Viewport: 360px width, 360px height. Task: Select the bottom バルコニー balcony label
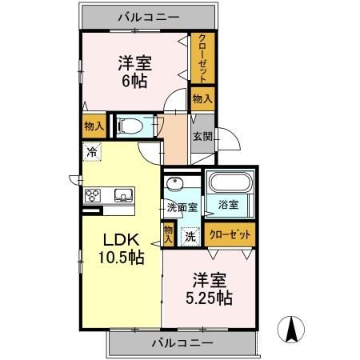[x=182, y=343]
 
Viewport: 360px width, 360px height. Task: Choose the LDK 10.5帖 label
[x=121, y=249]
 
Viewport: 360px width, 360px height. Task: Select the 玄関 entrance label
[x=201, y=136]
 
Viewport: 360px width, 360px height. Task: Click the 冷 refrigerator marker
[x=93, y=150]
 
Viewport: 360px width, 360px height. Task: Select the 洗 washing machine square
[x=190, y=236]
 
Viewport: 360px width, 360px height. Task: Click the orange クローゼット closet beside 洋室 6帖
[x=202, y=58]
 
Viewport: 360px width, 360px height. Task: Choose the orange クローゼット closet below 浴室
[x=231, y=235]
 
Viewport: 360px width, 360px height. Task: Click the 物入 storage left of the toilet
[x=93, y=125]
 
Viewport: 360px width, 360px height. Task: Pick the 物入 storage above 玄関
[x=202, y=98]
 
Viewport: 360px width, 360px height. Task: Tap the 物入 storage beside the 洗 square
[x=168, y=234]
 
